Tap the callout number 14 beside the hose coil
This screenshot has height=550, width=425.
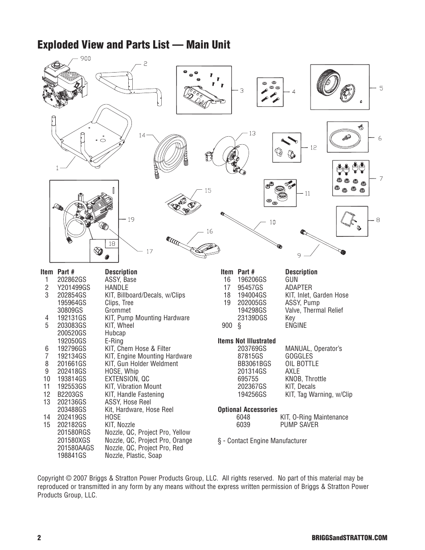tap(142, 135)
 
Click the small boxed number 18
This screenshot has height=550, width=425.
tap(112, 244)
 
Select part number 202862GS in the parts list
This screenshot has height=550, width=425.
tap(72, 280)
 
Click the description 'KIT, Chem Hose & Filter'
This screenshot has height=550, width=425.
tap(138, 349)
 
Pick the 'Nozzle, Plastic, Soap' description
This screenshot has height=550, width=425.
tap(133, 455)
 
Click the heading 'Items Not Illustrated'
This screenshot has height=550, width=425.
tap(246, 341)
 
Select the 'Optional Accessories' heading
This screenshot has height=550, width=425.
tap(247, 409)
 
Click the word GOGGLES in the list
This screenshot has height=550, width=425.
tap(299, 356)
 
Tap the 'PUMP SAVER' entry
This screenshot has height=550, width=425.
tap(299, 424)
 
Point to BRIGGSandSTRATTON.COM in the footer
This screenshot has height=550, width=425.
tap(355, 538)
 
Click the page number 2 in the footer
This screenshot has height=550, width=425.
tap(39, 538)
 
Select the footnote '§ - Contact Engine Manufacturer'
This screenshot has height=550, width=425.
tap(262, 440)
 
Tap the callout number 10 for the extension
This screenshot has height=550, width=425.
tap(272, 221)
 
